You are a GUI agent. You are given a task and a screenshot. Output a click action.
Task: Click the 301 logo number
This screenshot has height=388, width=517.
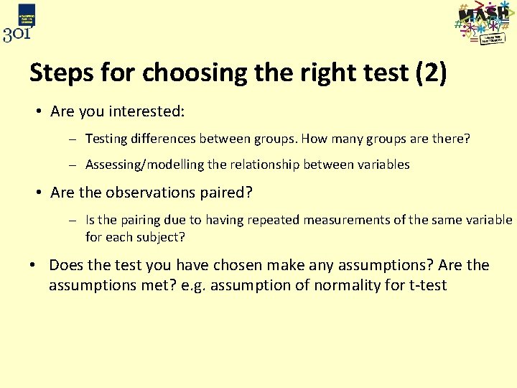pos(18,34)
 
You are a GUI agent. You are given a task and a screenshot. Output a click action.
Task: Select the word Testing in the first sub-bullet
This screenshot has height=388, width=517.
pos(107,139)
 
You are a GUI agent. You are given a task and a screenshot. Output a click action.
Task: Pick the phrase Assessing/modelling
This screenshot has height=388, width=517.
pos(145,165)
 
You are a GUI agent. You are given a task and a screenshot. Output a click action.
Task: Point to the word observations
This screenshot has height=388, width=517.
pos(146,193)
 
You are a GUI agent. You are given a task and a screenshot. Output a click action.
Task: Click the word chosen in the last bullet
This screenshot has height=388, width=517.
pos(242,265)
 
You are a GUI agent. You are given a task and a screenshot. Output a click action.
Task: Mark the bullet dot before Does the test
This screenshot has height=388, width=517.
pos(34,265)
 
